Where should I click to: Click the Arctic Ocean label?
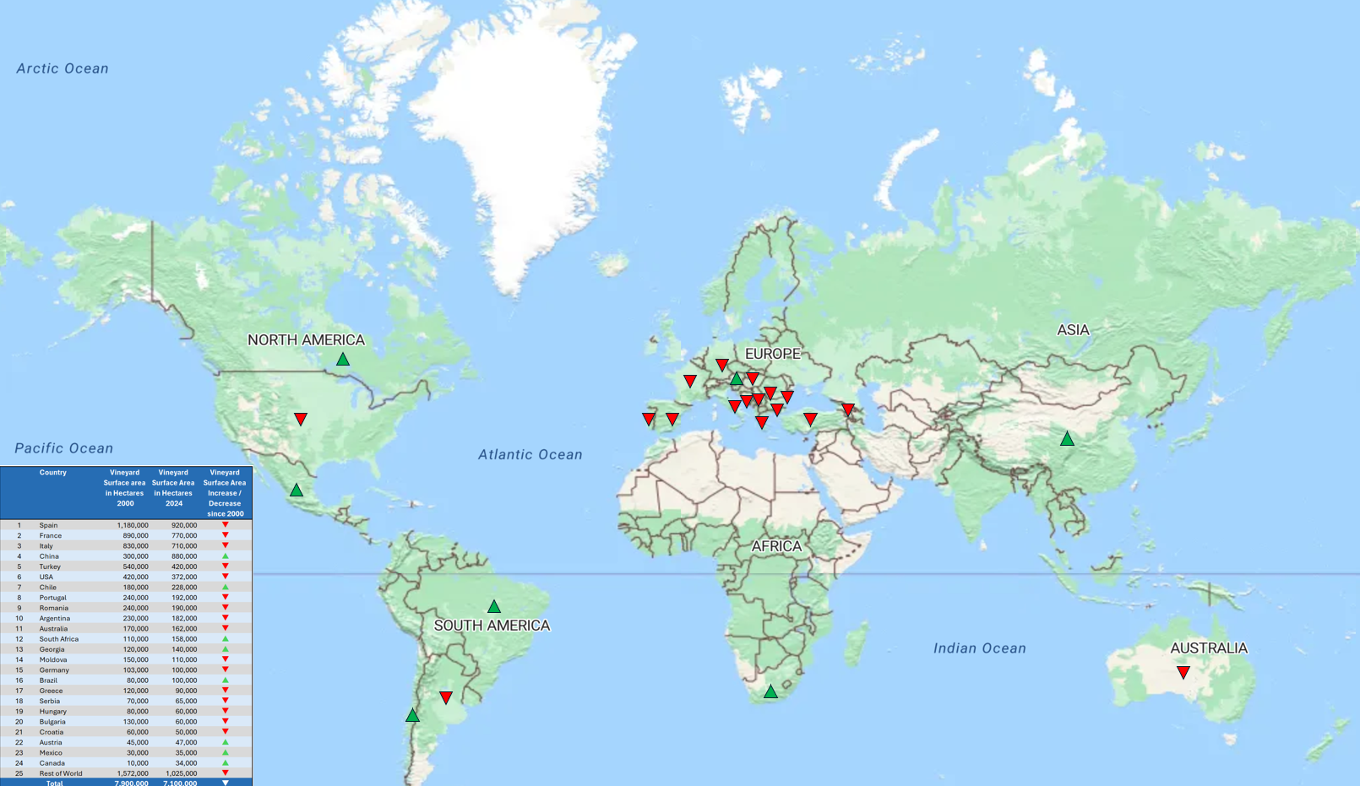(x=63, y=69)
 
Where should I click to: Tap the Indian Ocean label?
(x=979, y=648)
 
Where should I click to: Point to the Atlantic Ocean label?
(x=530, y=455)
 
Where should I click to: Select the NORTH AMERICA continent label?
(x=306, y=340)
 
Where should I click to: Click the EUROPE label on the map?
(x=772, y=354)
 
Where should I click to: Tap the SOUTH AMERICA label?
(x=492, y=626)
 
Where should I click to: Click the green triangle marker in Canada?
(x=343, y=360)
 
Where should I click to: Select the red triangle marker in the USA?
(x=301, y=419)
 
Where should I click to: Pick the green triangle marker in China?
(x=1068, y=439)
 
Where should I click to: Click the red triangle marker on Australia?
(x=1183, y=673)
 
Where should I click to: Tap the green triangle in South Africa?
(x=770, y=692)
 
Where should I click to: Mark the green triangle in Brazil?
(x=494, y=607)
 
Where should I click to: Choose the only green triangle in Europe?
(x=737, y=379)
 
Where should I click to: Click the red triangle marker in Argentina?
(x=446, y=697)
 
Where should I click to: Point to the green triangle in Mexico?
(x=296, y=491)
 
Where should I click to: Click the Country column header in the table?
(x=52, y=473)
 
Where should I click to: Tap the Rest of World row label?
(x=61, y=773)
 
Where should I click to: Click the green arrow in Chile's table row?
(x=226, y=587)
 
